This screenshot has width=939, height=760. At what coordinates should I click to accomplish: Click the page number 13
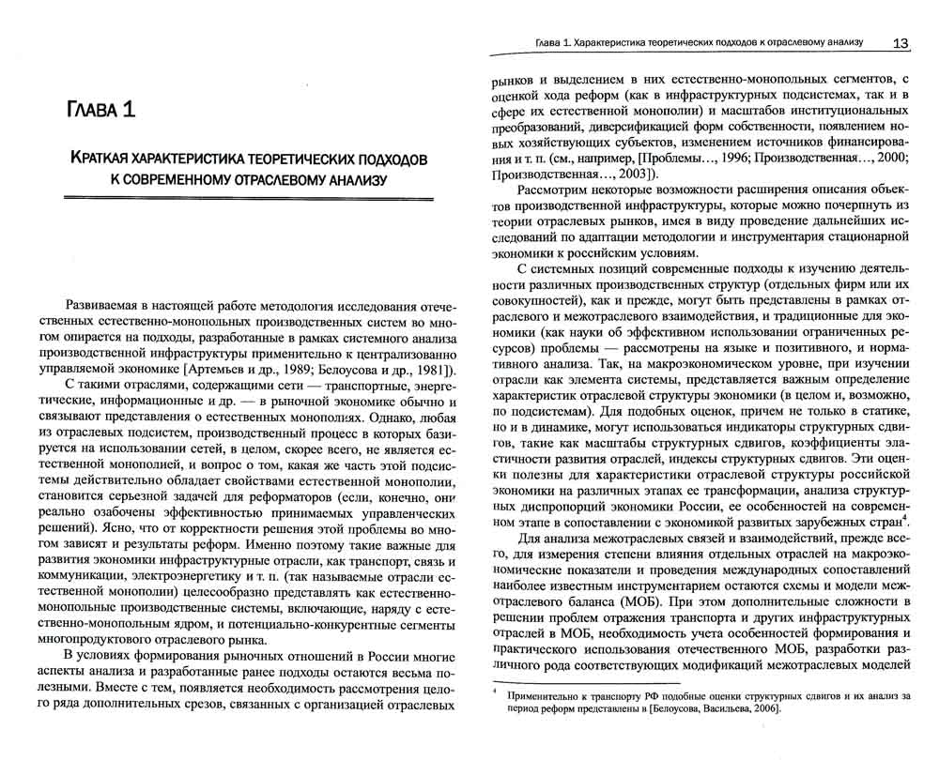(x=900, y=43)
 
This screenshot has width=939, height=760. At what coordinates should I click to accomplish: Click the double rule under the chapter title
(x=247, y=198)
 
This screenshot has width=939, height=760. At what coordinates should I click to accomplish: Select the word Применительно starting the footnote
(x=543, y=696)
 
